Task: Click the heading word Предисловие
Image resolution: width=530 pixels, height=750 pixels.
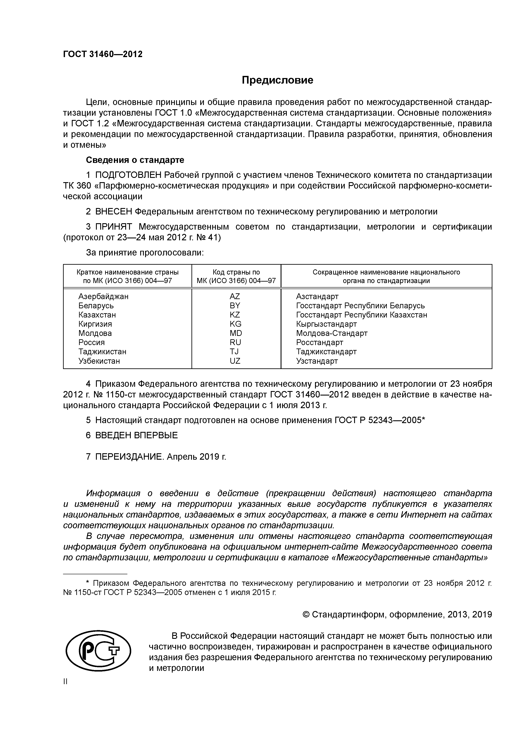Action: coord(277,80)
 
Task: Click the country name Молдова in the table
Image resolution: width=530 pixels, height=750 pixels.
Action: coord(95,333)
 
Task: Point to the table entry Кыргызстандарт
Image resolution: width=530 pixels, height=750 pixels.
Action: coord(326,324)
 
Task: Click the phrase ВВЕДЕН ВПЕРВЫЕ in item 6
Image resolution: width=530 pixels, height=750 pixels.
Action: coord(137,435)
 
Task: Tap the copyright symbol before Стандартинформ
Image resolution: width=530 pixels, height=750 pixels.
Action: coord(306,615)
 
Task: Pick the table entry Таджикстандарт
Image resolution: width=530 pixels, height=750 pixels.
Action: coord(326,351)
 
